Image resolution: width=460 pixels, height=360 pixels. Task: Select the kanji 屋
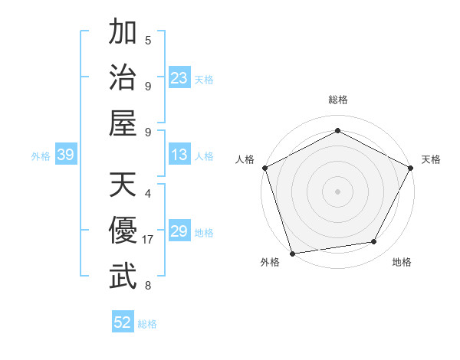123,123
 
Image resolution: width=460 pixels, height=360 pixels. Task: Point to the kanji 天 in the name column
123,185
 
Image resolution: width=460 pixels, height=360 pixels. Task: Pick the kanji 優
123,231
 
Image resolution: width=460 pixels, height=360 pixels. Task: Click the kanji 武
123,277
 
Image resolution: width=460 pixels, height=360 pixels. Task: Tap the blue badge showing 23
179,78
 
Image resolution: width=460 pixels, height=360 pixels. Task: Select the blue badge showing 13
179,155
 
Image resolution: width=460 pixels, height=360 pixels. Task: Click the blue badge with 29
179,231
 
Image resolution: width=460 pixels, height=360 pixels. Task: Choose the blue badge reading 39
65,155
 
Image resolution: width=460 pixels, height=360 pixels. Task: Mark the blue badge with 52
123,322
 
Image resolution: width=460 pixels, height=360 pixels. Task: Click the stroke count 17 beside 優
148,240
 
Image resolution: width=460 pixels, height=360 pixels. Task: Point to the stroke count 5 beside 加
148,39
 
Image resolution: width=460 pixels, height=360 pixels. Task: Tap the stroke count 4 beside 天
148,193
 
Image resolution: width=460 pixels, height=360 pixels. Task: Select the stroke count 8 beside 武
148,286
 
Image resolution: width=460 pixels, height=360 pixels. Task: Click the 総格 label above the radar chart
337,100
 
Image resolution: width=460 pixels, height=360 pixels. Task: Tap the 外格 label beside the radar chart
269,262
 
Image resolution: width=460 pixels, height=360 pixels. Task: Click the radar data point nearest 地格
374,242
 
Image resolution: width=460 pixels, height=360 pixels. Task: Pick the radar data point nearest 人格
264,167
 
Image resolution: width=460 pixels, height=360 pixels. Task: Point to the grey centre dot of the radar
337,191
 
